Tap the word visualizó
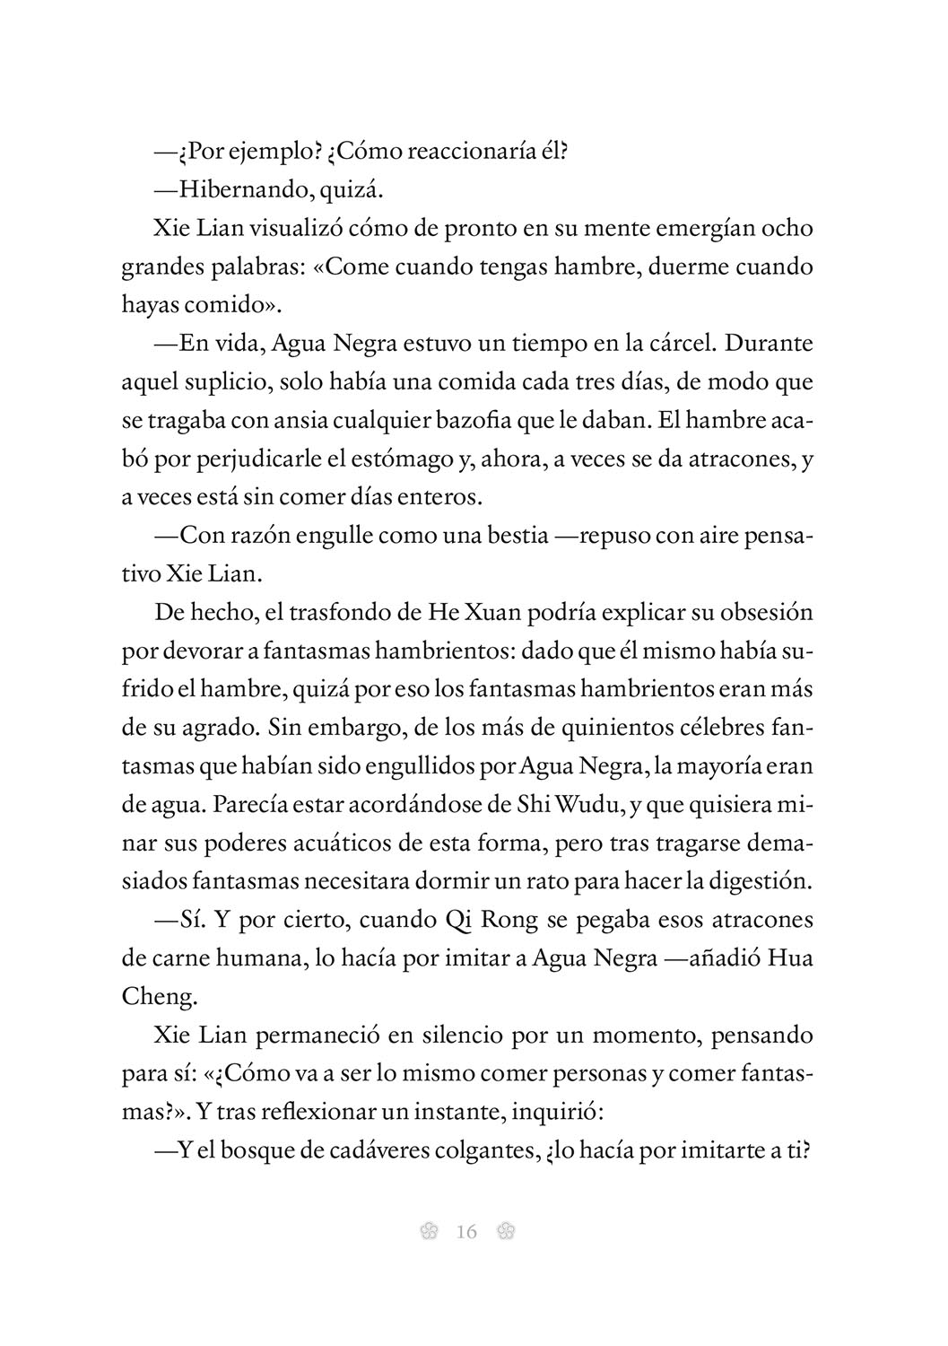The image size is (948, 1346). point(270,228)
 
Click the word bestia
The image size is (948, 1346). point(511,536)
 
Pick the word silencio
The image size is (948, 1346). point(447,1036)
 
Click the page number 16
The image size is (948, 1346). point(466,1232)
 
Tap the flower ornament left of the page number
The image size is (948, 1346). point(428,1232)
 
